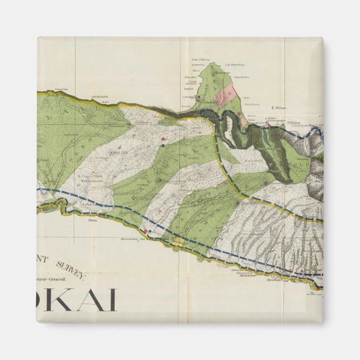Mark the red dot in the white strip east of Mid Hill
tap(163, 139)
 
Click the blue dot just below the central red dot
tap(162, 145)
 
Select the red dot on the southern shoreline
tap(146, 230)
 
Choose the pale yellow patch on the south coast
tap(178, 241)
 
